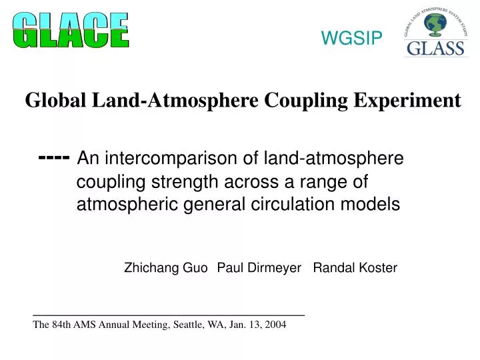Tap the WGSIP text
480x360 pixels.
(x=352, y=39)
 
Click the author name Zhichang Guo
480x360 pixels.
(x=166, y=268)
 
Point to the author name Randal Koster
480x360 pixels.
(x=355, y=268)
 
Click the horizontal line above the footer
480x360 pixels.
(x=169, y=314)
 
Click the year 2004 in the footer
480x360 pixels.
(x=274, y=325)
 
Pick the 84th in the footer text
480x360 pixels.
(x=61, y=325)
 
